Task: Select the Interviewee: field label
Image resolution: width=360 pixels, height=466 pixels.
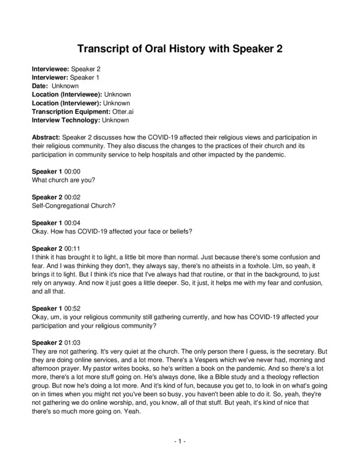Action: click(54, 68)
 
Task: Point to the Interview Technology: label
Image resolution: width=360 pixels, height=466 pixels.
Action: click(66, 120)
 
